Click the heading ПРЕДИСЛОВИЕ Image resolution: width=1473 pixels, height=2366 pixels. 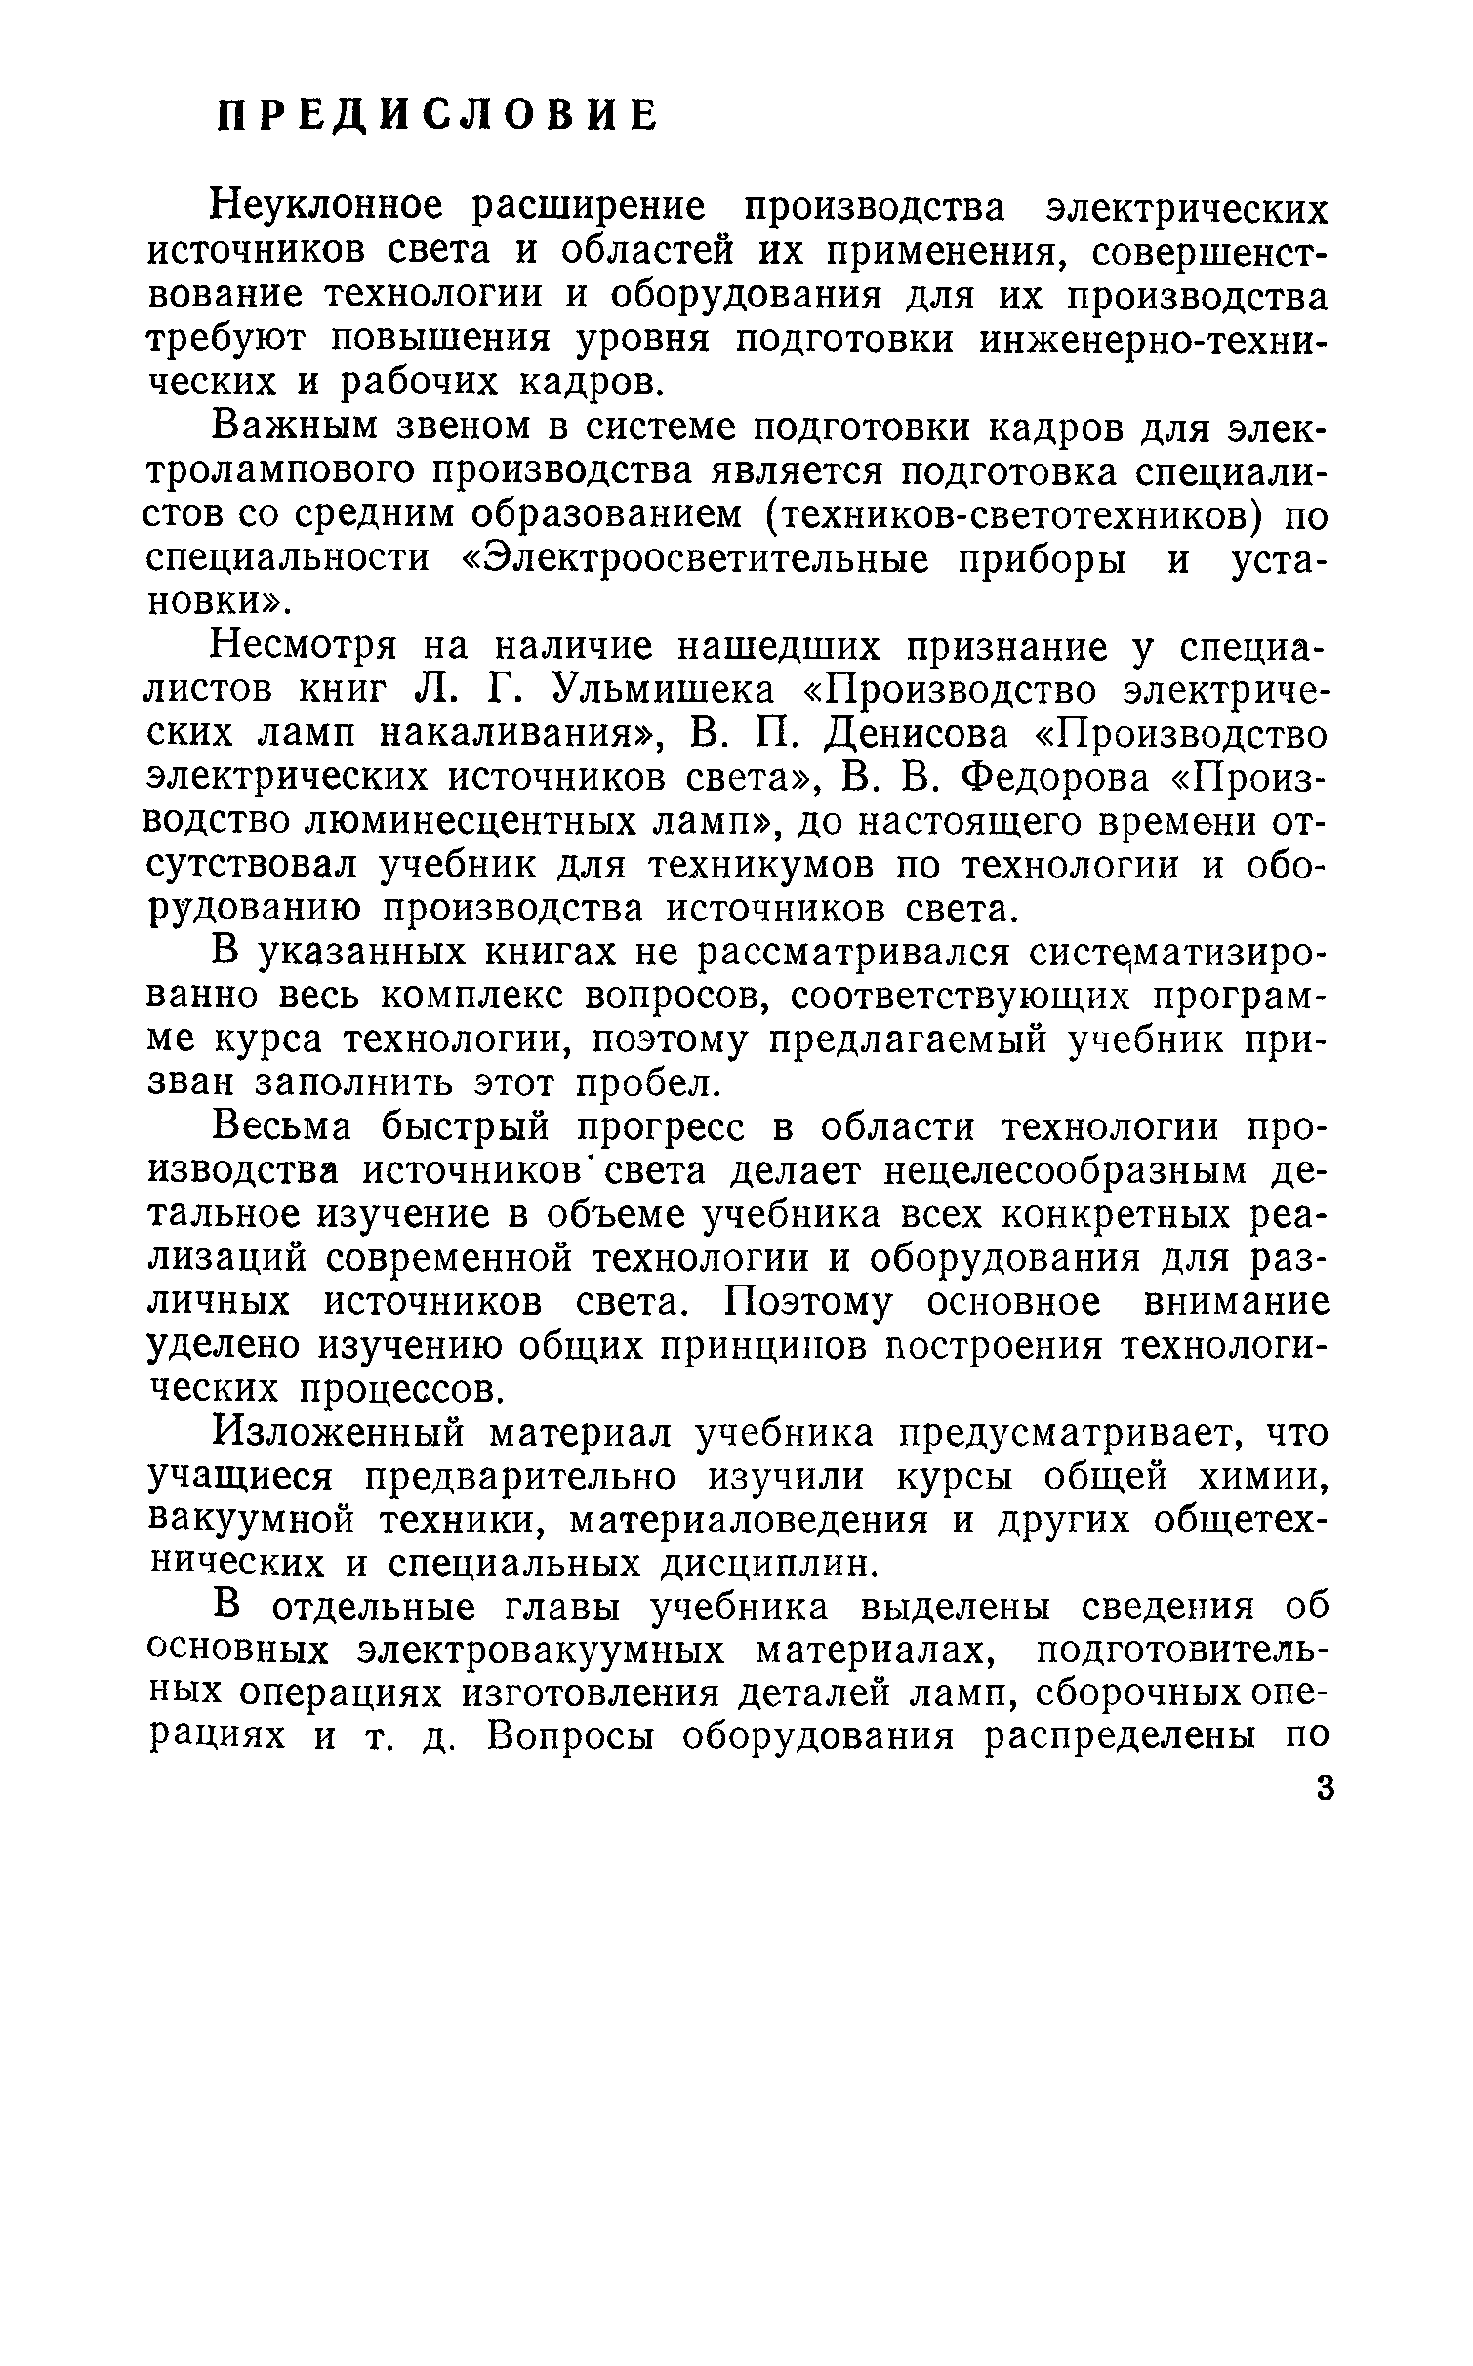(435, 116)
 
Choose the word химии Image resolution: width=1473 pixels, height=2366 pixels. (1272, 1477)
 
